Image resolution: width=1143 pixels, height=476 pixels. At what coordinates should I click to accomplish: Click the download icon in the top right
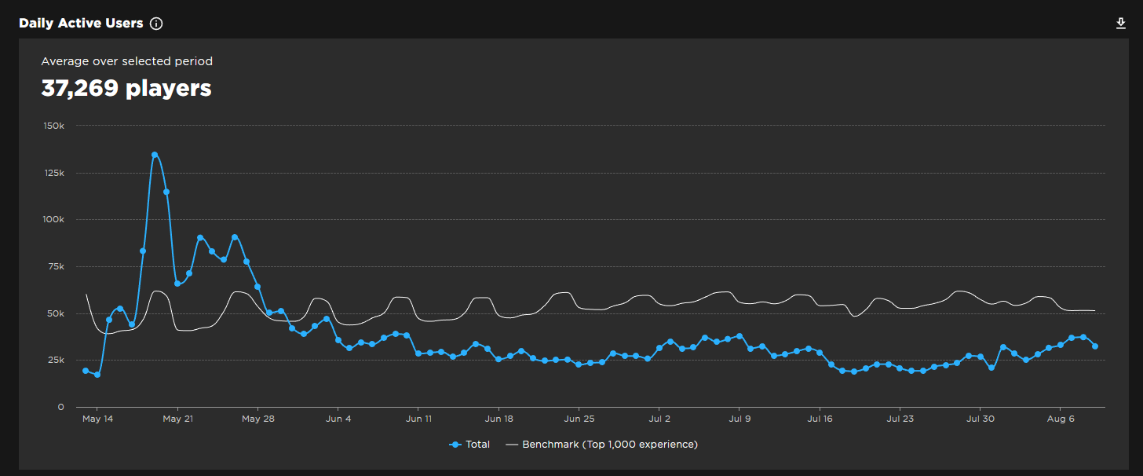tap(1121, 24)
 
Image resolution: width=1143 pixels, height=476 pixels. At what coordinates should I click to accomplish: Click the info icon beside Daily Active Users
tap(156, 24)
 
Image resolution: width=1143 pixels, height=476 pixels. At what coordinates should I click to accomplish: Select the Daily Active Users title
tap(81, 24)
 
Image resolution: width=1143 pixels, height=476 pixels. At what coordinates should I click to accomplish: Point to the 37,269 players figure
tap(126, 89)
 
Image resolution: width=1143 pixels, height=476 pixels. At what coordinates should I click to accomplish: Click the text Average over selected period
tap(126, 61)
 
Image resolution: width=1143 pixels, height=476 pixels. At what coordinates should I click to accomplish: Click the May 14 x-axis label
tap(97, 419)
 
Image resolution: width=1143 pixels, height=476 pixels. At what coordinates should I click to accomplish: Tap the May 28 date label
tap(258, 419)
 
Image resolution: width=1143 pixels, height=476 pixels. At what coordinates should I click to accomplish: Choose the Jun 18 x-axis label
tap(498, 419)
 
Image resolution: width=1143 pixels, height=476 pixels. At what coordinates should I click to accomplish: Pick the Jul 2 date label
tap(659, 419)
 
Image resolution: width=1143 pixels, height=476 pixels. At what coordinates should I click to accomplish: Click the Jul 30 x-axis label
tap(980, 419)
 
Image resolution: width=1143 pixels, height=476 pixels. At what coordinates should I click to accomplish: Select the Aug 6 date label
tap(1061, 419)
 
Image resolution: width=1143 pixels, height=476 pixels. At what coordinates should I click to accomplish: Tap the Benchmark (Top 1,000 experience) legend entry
tap(601, 445)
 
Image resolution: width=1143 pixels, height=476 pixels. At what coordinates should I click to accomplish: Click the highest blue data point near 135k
tap(155, 155)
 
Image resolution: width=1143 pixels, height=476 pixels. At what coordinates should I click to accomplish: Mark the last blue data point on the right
tap(1094, 346)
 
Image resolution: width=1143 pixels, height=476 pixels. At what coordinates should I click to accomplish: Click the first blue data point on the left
tap(86, 371)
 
